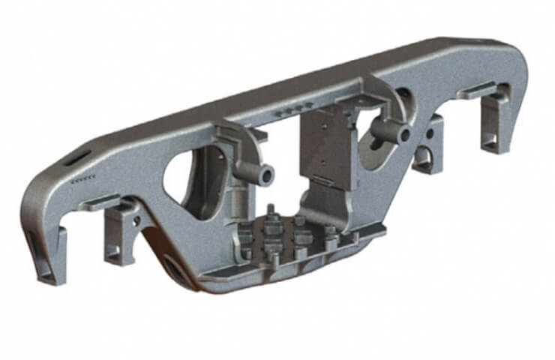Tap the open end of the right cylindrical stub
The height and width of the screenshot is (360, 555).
pos(405,136)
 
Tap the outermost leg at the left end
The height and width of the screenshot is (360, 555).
pos(46,255)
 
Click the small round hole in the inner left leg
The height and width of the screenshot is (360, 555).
pos(136,221)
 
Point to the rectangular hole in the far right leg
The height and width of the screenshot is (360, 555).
pos(490,139)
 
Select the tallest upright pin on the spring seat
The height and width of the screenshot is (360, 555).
pos(269,212)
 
